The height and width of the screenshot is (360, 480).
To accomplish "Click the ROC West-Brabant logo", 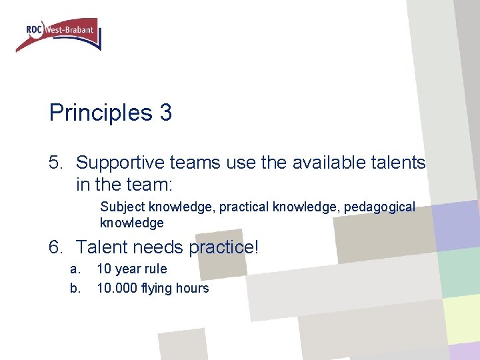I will point(59,34).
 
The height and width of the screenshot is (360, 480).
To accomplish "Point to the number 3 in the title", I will point(165,113).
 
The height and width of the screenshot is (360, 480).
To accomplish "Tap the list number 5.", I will point(56,162).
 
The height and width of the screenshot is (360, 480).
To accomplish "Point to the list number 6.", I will point(56,247).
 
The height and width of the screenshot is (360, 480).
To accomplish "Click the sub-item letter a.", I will point(75,269).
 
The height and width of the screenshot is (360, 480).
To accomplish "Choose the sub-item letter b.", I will point(75,288).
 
